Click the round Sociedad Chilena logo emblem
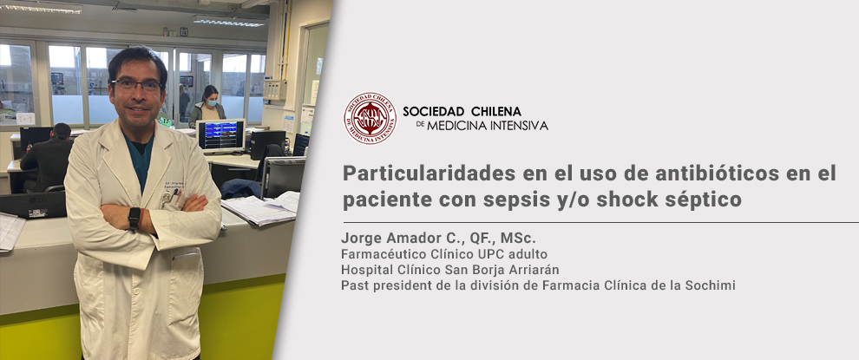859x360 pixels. (370, 118)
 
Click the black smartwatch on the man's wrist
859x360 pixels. (134, 218)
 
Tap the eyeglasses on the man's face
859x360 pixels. (136, 85)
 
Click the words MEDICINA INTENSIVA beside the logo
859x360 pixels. (487, 126)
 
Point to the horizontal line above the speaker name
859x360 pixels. (601, 223)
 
